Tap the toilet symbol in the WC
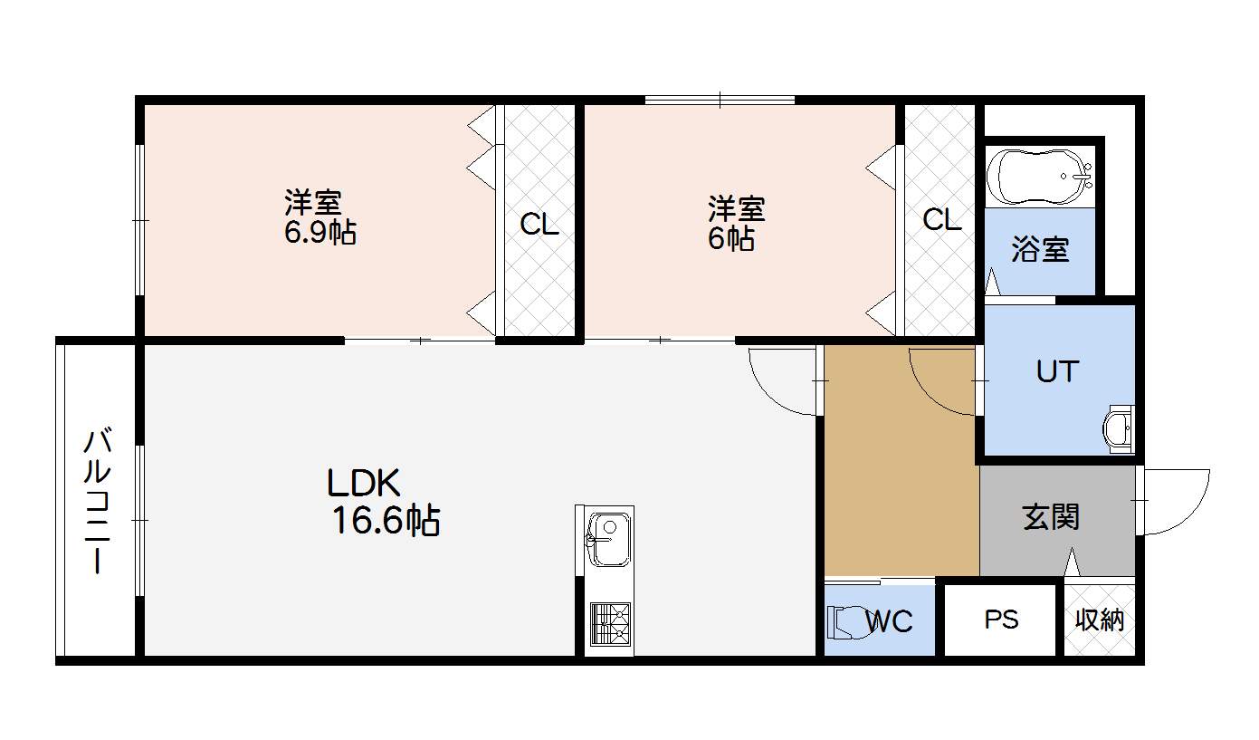click(844, 621)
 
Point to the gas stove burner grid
click(606, 622)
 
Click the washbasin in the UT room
click(1120, 427)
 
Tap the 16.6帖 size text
click(386, 521)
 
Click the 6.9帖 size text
click(320, 232)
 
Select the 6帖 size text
click(730, 239)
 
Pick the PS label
click(1001, 620)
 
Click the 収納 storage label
click(1100, 620)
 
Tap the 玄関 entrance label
click(1051, 517)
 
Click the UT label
click(1057, 371)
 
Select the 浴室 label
click(1040, 249)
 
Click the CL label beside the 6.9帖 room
click(539, 225)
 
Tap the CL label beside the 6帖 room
click(941, 220)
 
